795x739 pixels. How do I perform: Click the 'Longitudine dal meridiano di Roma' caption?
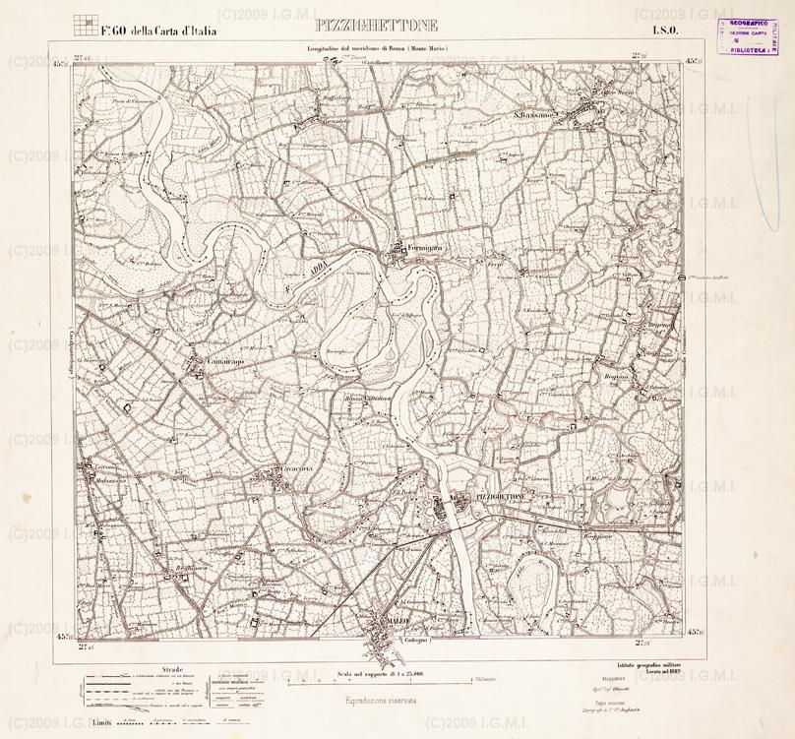(x=380, y=49)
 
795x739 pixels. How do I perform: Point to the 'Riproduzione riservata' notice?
(x=380, y=700)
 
